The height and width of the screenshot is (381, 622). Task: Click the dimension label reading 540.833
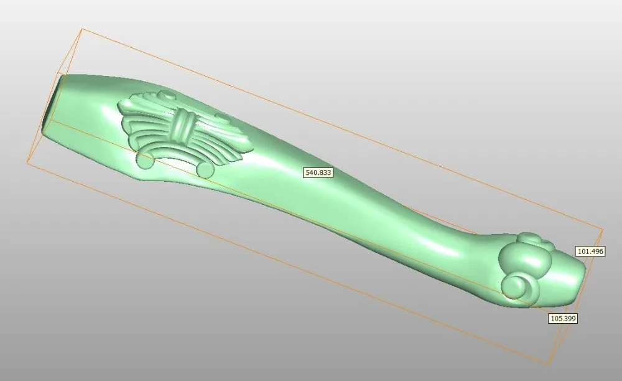pyautogui.click(x=318, y=172)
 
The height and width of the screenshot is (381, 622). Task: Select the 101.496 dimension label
pyautogui.click(x=590, y=252)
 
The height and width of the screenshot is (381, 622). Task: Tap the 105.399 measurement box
pyautogui.click(x=563, y=318)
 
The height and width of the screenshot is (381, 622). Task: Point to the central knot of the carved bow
pyautogui.click(x=183, y=126)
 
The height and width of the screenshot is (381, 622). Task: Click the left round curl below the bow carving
pyautogui.click(x=145, y=161)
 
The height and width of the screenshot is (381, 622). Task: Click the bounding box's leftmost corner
pyautogui.click(x=27, y=163)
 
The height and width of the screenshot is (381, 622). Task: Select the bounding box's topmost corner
pyautogui.click(x=82, y=28)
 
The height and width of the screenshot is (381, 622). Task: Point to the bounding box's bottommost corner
pyautogui.click(x=548, y=365)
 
